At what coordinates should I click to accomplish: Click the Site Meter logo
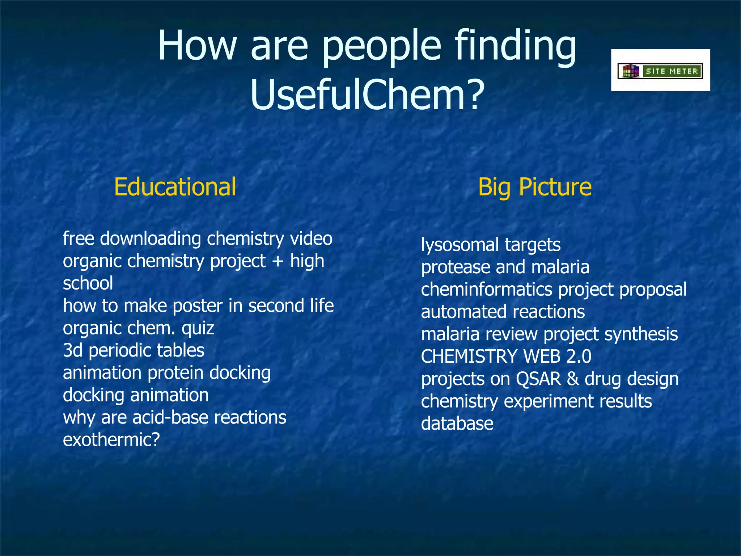pyautogui.click(x=660, y=71)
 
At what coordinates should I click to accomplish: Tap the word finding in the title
pyautogui.click(x=516, y=46)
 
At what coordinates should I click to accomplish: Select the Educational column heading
pyautogui.click(x=175, y=187)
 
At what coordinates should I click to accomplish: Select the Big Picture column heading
pyautogui.click(x=535, y=187)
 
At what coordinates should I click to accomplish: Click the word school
pyautogui.click(x=88, y=283)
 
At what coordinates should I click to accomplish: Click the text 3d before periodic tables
pyautogui.click(x=73, y=350)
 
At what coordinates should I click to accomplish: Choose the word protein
pyautogui.click(x=175, y=373)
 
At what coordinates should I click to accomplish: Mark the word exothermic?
pyautogui.click(x=111, y=440)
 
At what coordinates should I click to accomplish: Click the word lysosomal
pyautogui.click(x=460, y=245)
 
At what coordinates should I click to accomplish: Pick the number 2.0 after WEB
pyautogui.click(x=579, y=357)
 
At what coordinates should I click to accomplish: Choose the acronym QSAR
pyautogui.click(x=538, y=379)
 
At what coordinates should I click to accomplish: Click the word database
pyautogui.click(x=457, y=424)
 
